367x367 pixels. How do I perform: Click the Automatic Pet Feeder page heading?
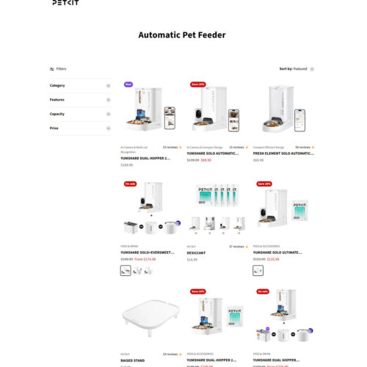(x=182, y=34)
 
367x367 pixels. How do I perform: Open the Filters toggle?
(x=58, y=69)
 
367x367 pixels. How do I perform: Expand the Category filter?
(x=109, y=86)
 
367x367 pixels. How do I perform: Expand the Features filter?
(x=109, y=100)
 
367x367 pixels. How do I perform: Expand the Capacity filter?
(x=109, y=114)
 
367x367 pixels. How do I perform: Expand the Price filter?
(x=109, y=128)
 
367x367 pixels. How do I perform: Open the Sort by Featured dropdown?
(x=297, y=69)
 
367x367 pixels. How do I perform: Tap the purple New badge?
(x=128, y=84)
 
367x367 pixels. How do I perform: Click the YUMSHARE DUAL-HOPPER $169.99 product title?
(x=145, y=158)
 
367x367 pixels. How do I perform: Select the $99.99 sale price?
(x=206, y=160)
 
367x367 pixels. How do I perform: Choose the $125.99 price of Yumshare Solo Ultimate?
(x=273, y=258)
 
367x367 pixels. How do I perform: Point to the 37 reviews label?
(x=236, y=247)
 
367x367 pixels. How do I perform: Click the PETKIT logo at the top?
(x=65, y=3)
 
